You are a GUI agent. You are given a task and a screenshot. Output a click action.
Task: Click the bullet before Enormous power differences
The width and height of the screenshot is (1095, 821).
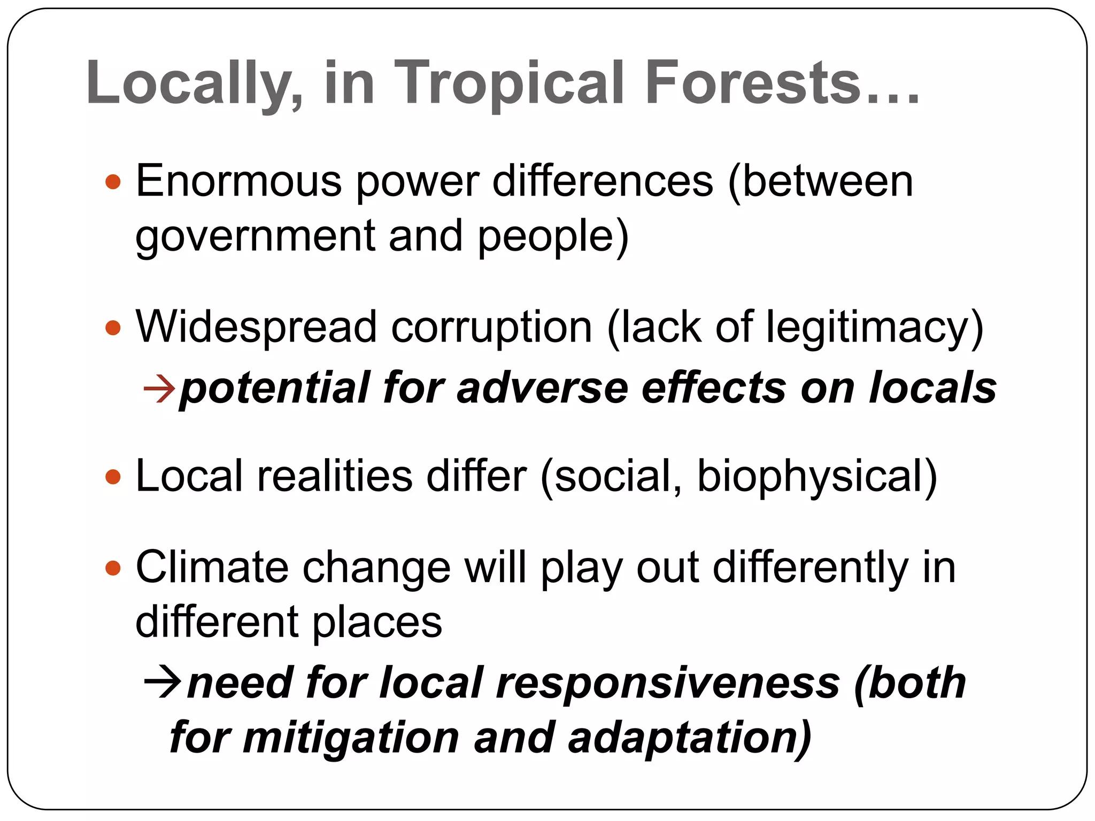113,182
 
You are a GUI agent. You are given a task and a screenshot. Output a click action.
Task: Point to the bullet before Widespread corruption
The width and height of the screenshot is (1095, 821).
113,327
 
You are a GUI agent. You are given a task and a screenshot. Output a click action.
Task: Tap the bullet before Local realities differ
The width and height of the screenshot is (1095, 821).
113,476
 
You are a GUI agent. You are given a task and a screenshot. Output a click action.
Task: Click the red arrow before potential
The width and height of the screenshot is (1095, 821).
159,388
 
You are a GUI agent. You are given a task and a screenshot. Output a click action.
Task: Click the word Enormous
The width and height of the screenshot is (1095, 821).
238,181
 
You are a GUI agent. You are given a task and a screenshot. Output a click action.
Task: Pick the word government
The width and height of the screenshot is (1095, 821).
255,237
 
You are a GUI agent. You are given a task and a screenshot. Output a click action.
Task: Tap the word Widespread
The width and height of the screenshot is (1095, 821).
256,327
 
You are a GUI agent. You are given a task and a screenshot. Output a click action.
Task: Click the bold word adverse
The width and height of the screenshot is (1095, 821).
542,388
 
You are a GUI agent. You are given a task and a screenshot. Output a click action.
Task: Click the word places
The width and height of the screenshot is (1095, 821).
377,623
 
